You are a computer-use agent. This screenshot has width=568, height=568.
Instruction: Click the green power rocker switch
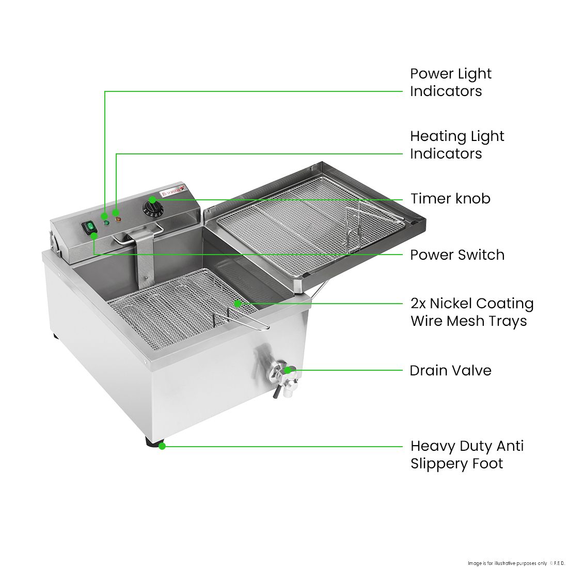91,228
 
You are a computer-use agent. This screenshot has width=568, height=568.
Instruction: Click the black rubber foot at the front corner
153,443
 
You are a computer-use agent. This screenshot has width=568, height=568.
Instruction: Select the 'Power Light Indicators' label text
450,82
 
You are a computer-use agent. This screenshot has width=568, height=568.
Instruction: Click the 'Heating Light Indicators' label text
456,145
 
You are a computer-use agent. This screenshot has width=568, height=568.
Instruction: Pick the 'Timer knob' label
450,199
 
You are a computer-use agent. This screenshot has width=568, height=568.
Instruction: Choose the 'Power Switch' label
457,255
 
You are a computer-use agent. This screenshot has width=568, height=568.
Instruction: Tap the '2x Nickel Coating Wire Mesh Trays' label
471,312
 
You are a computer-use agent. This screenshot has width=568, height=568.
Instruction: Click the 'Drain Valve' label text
450,370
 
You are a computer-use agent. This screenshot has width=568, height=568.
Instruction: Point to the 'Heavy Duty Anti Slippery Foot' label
467,454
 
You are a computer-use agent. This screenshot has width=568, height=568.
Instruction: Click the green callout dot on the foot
162,446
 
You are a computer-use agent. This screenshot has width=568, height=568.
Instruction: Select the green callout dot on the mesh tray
237,304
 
